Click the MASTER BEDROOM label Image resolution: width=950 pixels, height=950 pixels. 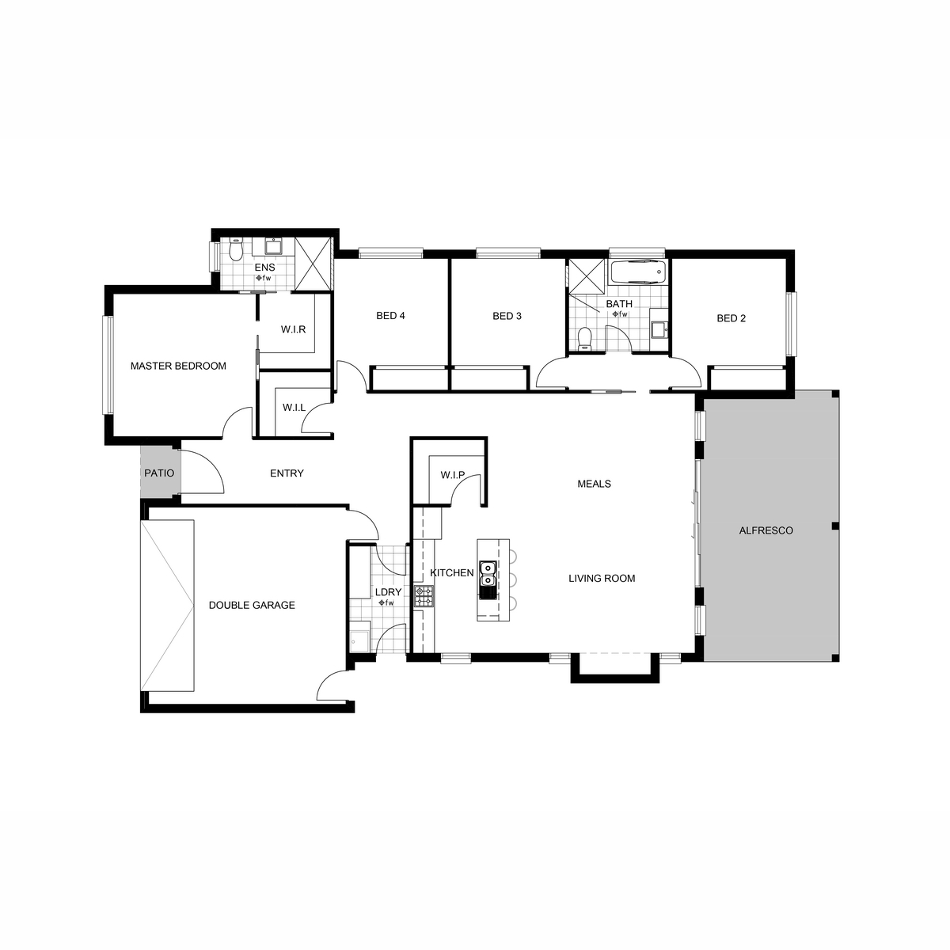(178, 366)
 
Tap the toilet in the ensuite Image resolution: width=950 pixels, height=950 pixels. (237, 250)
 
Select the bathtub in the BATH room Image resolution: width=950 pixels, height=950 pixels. (638, 272)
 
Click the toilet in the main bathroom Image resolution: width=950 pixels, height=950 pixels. (585, 339)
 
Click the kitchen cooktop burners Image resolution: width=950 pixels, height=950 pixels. (424, 596)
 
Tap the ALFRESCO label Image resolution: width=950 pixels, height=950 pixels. (766, 530)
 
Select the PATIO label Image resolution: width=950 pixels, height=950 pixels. (159, 473)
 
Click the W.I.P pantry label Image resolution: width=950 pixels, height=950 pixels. (453, 475)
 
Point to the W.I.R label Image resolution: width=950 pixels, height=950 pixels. (294, 329)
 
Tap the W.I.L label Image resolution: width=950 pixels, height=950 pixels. (294, 408)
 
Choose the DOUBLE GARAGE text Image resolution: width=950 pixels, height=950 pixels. (252, 605)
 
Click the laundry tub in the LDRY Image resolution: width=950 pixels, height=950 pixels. (360, 641)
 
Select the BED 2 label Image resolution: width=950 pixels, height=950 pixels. (731, 318)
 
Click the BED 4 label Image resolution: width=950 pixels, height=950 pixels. (390, 316)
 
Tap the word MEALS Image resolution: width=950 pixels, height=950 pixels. (594, 484)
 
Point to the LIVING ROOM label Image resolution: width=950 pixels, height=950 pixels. (602, 578)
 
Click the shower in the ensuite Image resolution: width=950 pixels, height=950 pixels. (313, 264)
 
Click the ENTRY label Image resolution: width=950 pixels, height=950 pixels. (287, 473)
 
